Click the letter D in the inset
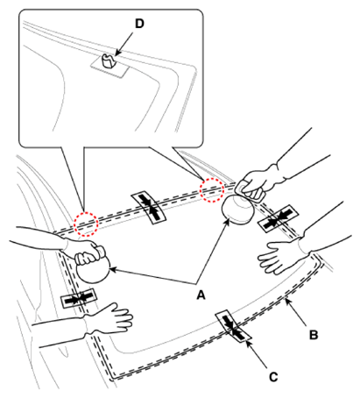(x=139, y=24)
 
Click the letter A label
(x=201, y=295)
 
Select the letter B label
(x=314, y=335)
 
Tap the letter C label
(x=273, y=377)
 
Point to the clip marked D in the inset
(x=108, y=60)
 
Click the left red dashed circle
(x=85, y=224)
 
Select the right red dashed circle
(x=212, y=190)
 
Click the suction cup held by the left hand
(x=93, y=270)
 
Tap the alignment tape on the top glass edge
(x=149, y=208)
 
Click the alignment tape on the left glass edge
(x=79, y=298)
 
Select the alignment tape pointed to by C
(x=233, y=326)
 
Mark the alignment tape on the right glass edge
(x=278, y=218)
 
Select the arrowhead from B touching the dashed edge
(x=287, y=302)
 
